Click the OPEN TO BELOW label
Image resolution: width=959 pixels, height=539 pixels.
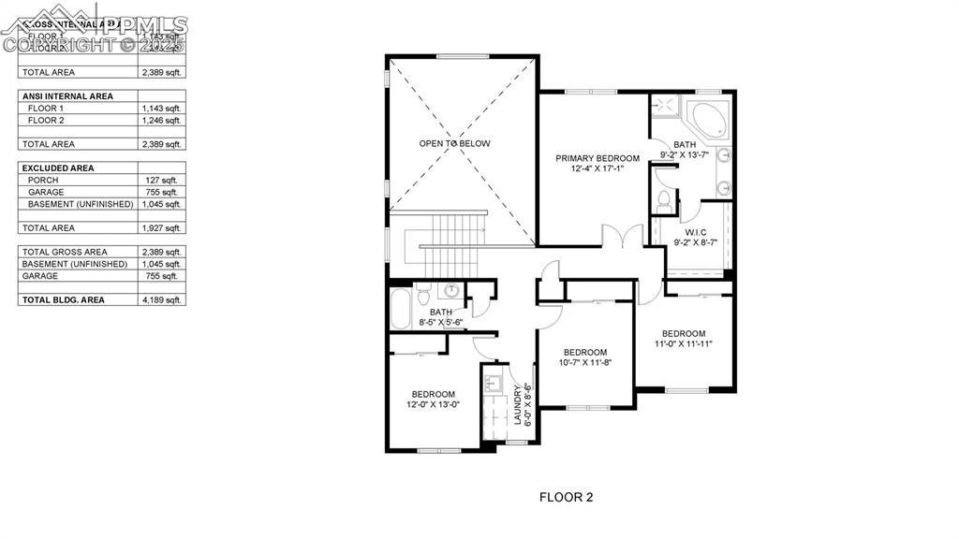coord(454,143)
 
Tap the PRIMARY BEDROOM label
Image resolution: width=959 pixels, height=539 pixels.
coord(597,158)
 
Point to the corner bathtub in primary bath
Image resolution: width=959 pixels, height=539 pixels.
coord(711,119)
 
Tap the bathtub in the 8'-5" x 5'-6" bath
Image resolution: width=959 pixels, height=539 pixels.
coord(401,309)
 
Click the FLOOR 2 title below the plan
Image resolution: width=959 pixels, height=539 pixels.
coord(566,497)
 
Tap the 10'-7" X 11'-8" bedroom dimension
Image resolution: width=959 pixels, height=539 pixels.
coord(585,362)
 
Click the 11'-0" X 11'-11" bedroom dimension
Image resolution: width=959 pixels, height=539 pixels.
coord(684,343)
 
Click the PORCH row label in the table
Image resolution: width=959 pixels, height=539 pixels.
coord(43,180)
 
